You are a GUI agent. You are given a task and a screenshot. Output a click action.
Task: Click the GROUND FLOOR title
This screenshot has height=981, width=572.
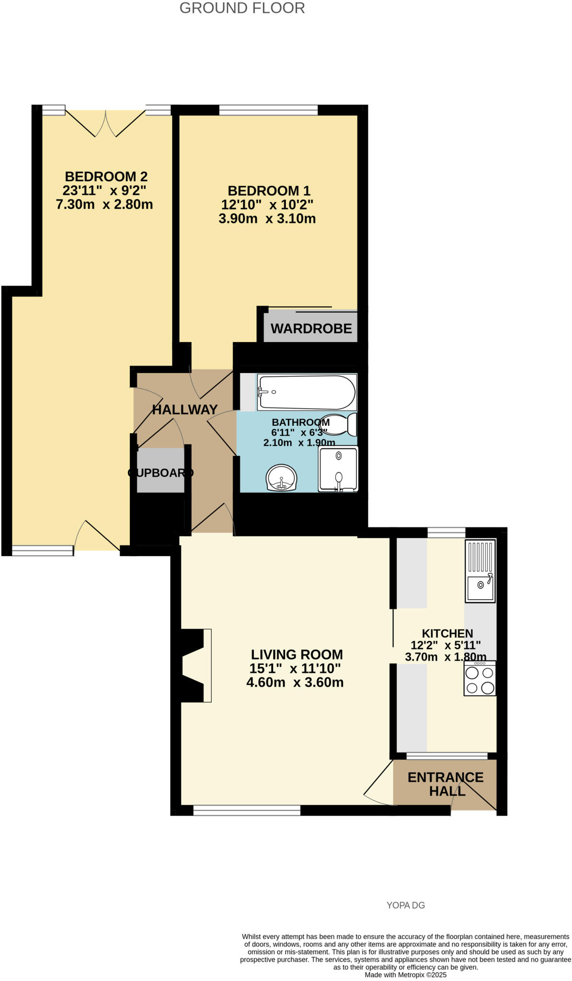coord(242,8)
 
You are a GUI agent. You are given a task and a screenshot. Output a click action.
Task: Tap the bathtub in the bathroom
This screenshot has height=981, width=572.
coord(307,392)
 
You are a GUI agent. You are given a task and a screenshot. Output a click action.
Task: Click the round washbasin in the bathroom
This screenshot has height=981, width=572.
coord(282,478)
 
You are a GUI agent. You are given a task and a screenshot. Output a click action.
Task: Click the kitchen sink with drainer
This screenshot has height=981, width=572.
coord(480,570)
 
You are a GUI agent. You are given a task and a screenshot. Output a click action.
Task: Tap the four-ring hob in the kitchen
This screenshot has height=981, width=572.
coord(480,679)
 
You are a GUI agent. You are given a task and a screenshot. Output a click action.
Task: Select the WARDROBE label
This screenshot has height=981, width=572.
coord(311,329)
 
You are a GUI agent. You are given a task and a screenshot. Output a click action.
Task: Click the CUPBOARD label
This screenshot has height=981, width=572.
coord(160,473)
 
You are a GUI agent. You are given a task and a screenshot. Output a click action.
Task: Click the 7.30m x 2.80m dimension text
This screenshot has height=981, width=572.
coord(104,205)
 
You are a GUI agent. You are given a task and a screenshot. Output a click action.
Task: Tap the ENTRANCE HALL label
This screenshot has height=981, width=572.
coord(446,784)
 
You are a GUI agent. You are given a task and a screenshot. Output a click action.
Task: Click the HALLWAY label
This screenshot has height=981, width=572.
coord(185,410)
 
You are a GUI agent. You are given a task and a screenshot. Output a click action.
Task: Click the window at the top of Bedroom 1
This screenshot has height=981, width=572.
coord(268,111)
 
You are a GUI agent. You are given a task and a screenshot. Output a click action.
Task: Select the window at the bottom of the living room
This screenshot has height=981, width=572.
coord(247,810)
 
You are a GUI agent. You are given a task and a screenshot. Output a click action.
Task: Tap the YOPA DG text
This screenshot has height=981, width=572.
coord(405,905)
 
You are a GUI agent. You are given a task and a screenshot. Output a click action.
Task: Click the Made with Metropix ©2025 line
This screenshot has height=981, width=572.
coord(405,975)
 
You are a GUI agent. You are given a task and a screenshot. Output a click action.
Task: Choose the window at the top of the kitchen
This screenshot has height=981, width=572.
coord(446,532)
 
